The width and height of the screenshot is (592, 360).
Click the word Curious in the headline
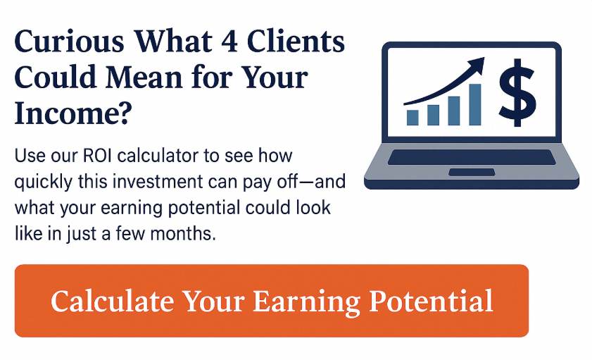70,41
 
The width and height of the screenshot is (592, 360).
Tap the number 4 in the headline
229,41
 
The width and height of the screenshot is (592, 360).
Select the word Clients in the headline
296,41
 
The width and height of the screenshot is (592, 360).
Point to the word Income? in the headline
73,113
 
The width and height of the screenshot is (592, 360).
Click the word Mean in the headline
144,77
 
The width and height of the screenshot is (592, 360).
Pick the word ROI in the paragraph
97,156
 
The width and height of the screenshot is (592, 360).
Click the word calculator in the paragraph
158,156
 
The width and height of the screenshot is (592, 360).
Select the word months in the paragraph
183,233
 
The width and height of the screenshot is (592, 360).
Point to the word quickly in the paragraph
44,182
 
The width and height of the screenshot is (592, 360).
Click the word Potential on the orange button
432,301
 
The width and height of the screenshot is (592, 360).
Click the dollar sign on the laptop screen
517,93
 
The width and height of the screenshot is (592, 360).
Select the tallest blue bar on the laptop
474,104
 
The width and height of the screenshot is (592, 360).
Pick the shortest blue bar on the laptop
412,118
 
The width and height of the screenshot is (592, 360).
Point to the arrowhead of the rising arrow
476,65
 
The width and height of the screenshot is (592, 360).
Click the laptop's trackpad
472,173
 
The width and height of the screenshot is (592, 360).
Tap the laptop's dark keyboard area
472,157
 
